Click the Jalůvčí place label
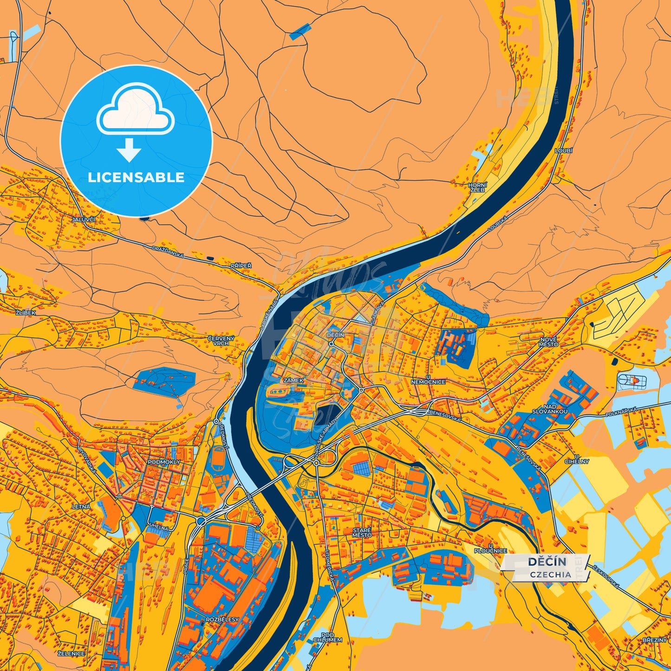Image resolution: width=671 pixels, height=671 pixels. pyautogui.click(x=84, y=219)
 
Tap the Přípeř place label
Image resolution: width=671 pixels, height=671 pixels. pyautogui.click(x=241, y=266)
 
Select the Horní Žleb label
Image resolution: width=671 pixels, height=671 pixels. pyautogui.click(x=477, y=187)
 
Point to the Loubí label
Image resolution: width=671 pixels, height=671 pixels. pyautogui.click(x=564, y=151)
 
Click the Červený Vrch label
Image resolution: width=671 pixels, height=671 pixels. pyautogui.click(x=221, y=340)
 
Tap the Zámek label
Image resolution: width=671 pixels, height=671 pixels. pyautogui.click(x=293, y=380)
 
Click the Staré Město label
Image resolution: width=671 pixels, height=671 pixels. pyautogui.click(x=362, y=533)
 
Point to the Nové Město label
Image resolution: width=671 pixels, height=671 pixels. pyautogui.click(x=549, y=342)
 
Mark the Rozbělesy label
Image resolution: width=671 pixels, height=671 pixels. pyautogui.click(x=222, y=619)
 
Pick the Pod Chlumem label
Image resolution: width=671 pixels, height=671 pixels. pyautogui.click(x=327, y=637)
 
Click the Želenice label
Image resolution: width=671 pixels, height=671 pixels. pyautogui.click(x=71, y=653)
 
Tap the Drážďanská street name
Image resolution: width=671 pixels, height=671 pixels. pyautogui.click(x=168, y=252)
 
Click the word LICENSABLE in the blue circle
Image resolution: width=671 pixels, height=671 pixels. pyautogui.click(x=136, y=177)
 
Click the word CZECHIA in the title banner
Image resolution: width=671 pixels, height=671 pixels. pyautogui.click(x=551, y=574)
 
